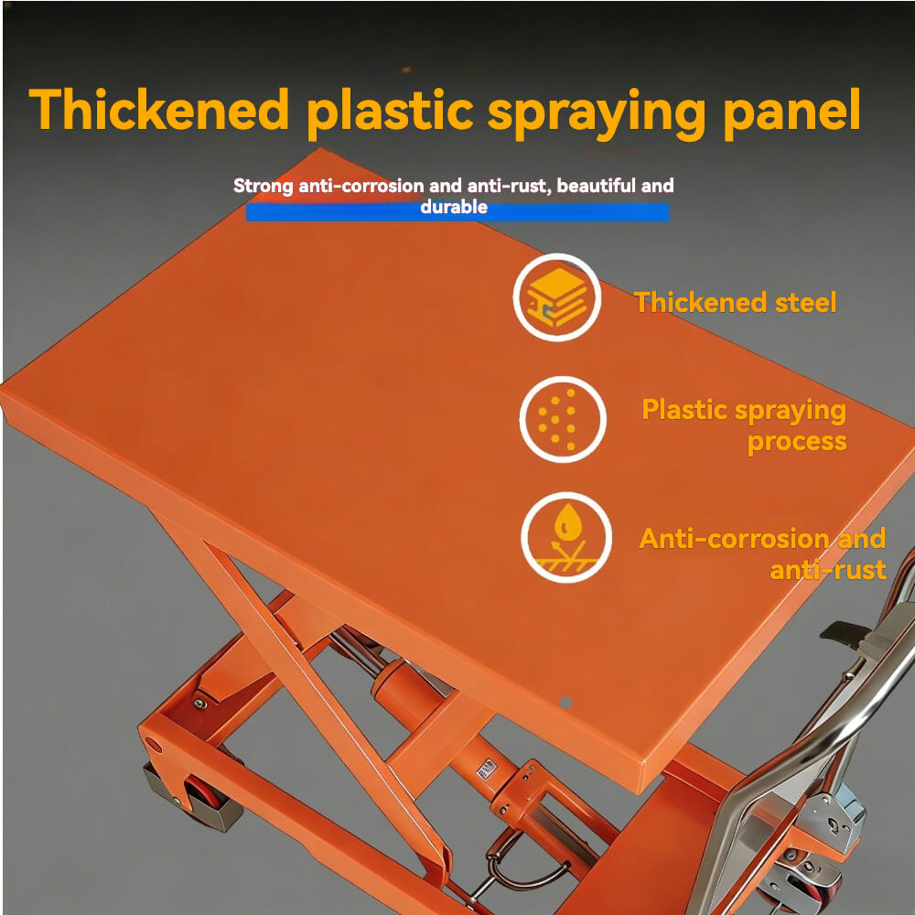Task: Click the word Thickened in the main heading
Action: [159, 109]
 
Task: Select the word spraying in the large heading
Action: [597, 113]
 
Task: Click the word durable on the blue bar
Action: [454, 207]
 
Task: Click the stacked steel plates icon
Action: [556, 297]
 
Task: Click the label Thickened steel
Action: [736, 302]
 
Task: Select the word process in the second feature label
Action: [797, 442]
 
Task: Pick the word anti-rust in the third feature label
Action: [828, 569]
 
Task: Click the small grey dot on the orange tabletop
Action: [565, 703]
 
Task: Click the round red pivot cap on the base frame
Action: [154, 745]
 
